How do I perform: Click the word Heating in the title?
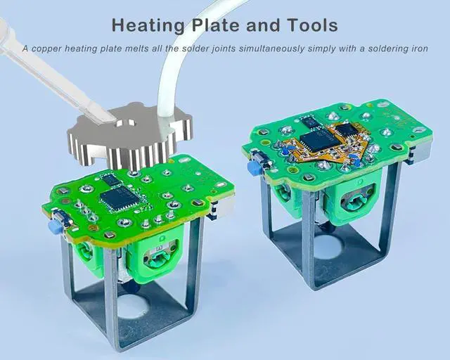(148, 25)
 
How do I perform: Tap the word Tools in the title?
(313, 25)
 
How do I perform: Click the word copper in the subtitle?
(46, 49)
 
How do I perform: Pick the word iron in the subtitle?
(419, 49)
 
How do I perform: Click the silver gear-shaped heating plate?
(129, 139)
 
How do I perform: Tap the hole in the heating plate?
(126, 124)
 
